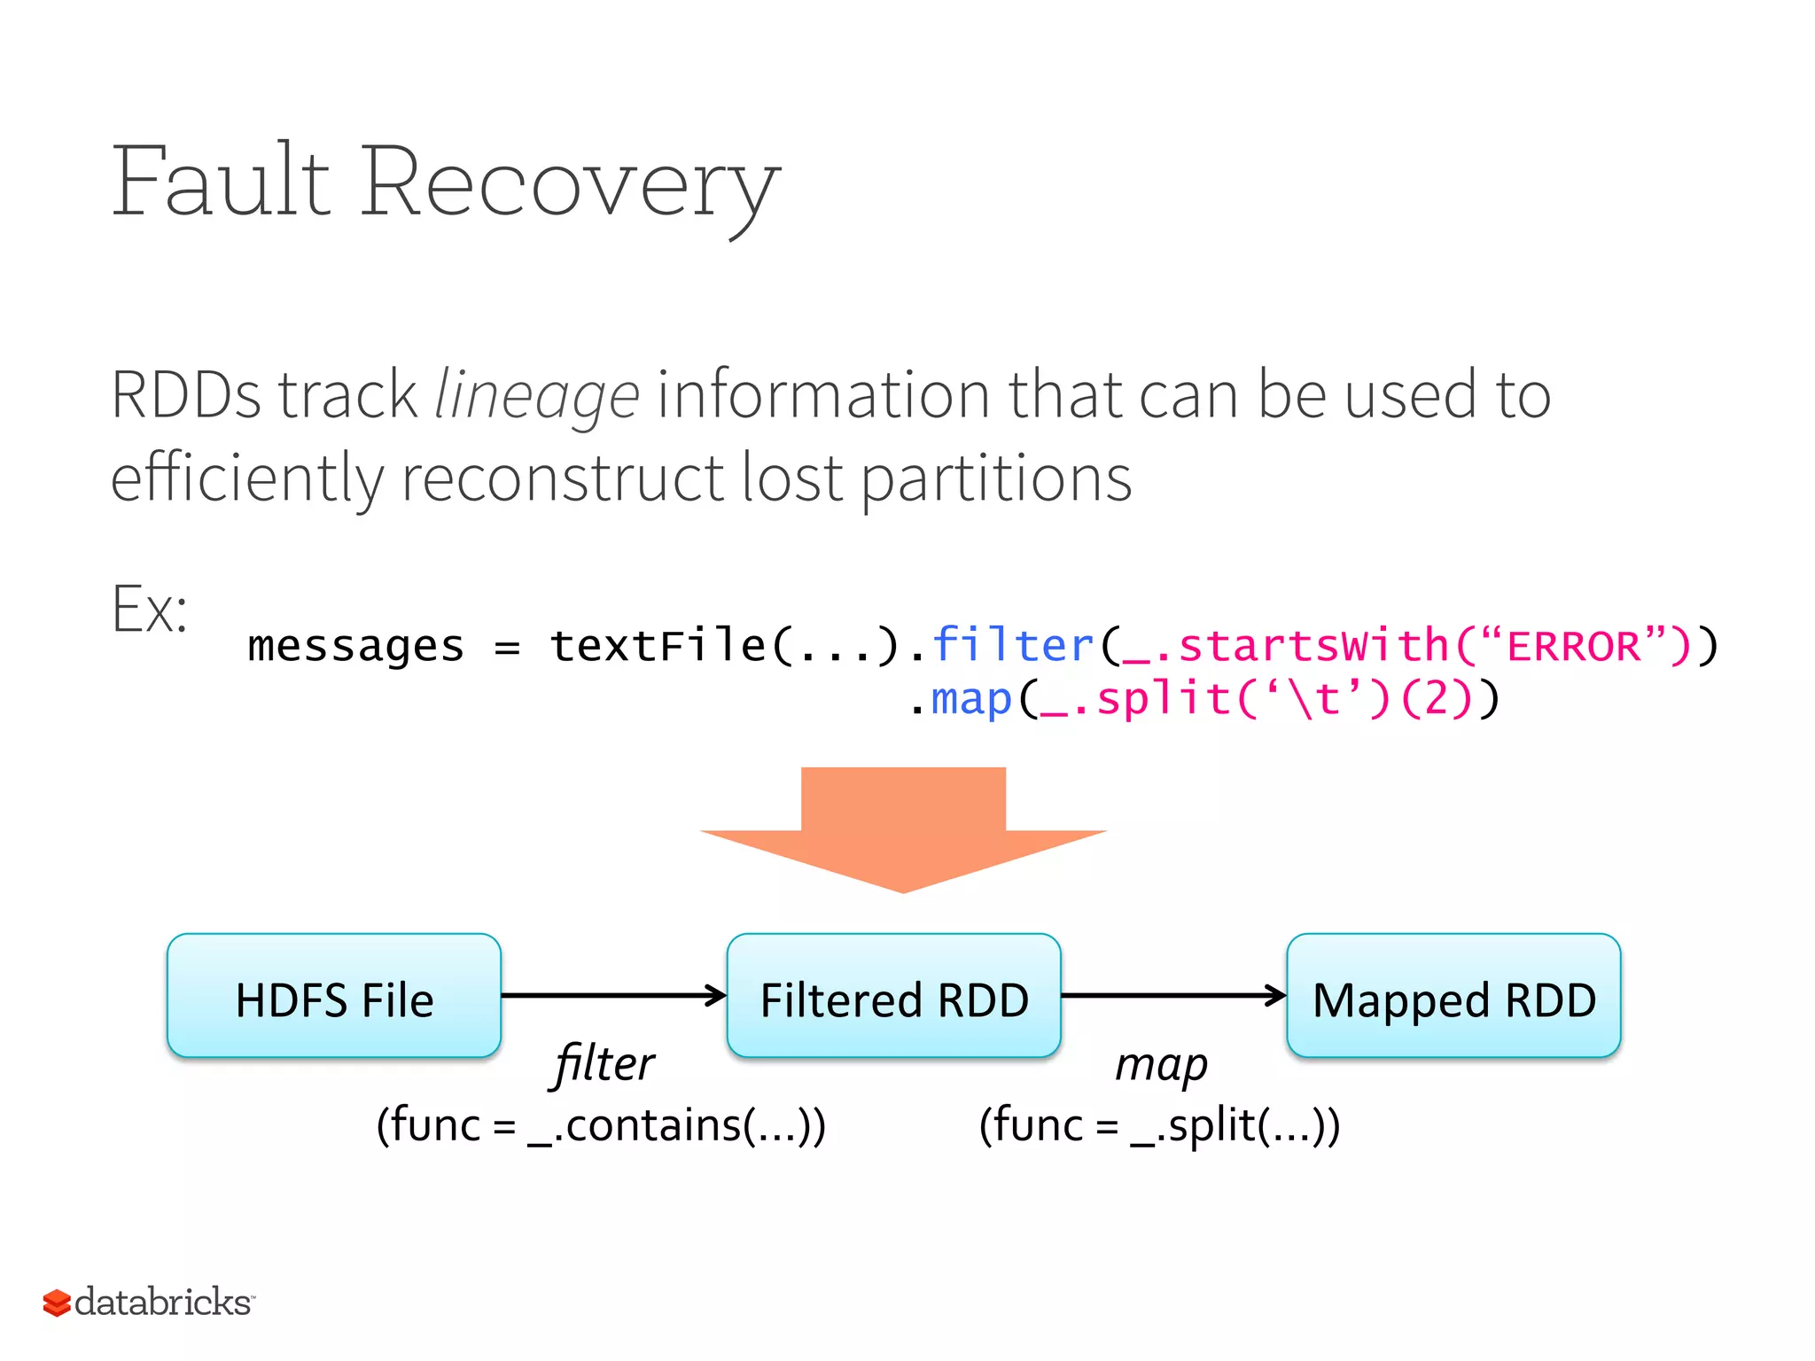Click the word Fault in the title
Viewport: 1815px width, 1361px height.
coord(221,182)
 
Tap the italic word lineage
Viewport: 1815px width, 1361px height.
coord(536,395)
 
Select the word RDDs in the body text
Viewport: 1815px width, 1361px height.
coord(186,395)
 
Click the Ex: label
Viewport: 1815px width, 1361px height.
coord(150,610)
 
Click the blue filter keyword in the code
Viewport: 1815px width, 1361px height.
coord(1013,645)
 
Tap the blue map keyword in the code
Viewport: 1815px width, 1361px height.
coord(970,699)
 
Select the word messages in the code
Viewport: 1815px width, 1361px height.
coord(355,646)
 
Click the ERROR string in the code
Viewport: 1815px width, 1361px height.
coord(1573,646)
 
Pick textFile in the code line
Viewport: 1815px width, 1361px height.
coord(657,645)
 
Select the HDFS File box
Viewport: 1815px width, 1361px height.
coord(334,996)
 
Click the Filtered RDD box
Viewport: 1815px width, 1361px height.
coord(893,996)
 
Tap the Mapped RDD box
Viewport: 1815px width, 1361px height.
coord(1453,996)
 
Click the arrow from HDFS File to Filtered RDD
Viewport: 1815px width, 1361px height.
coord(613,995)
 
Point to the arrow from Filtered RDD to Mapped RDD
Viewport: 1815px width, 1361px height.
coord(1173,995)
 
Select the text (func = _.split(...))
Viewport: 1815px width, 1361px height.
coord(1159,1125)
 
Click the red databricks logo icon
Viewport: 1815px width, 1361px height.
coord(57,1303)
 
